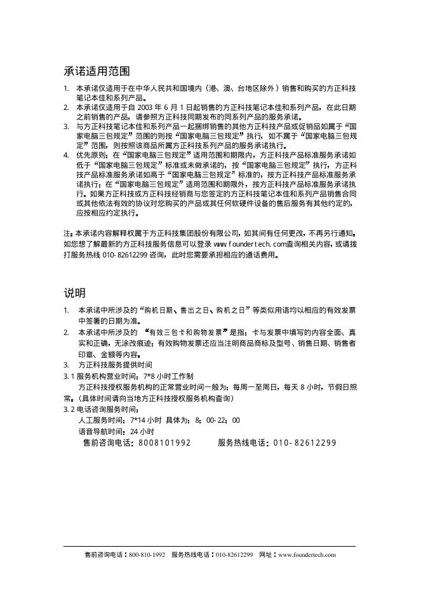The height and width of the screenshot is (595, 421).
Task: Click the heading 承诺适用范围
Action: point(97,71)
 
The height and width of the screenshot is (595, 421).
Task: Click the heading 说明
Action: point(74,293)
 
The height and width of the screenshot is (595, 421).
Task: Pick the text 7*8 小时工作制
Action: point(164,376)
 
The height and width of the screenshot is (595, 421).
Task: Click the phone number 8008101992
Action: point(164,442)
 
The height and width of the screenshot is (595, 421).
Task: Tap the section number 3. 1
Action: point(69,376)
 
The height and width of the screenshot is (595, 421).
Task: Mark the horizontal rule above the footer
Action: point(210,546)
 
